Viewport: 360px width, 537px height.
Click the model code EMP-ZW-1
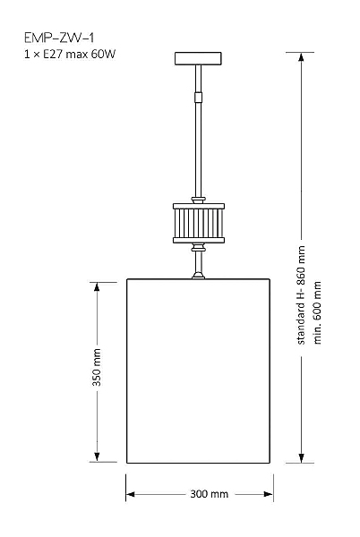(x=59, y=38)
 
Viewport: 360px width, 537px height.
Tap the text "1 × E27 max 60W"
(x=70, y=54)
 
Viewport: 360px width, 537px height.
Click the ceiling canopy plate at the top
(x=198, y=58)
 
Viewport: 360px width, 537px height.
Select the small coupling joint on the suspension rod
(x=198, y=98)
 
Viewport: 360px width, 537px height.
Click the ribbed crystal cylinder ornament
(x=199, y=223)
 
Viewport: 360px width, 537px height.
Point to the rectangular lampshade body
(x=198, y=371)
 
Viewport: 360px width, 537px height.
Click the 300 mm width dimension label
(x=209, y=494)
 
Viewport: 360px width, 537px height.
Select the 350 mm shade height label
(x=97, y=367)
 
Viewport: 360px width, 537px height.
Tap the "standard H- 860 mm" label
(x=301, y=294)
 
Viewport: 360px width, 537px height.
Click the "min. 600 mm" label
(x=317, y=312)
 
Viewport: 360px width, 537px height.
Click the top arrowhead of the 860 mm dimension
(x=301, y=57)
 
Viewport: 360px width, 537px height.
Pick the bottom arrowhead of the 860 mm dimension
(x=301, y=458)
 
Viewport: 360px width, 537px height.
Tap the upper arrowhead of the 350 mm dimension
(x=97, y=286)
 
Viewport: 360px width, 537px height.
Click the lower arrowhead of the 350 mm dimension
(x=97, y=456)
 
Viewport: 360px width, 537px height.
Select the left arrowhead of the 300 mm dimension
(x=131, y=494)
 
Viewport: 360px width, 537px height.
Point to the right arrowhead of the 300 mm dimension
(x=269, y=494)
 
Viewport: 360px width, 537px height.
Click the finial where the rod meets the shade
(x=198, y=275)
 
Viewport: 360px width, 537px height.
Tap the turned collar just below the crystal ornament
(x=198, y=247)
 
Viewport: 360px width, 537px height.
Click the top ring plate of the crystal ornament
(x=199, y=206)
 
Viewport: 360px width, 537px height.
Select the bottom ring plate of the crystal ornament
(x=199, y=240)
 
